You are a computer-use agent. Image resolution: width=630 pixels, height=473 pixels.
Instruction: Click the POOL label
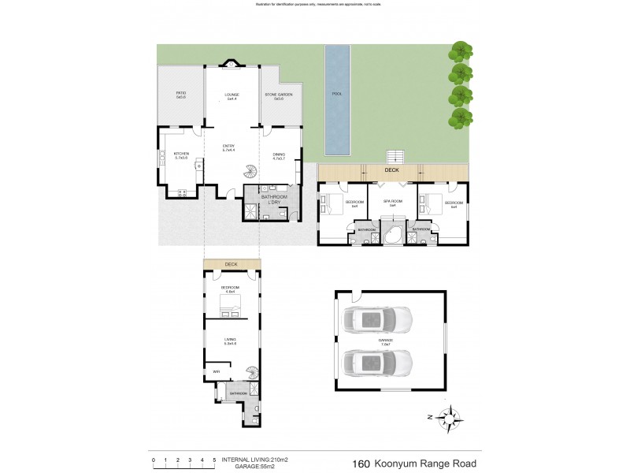click(337, 95)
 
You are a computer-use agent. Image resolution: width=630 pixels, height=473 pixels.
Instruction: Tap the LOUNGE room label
click(232, 96)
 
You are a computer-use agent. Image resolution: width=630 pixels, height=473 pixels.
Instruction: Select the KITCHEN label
click(181, 155)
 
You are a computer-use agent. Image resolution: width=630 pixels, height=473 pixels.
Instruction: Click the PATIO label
click(180, 95)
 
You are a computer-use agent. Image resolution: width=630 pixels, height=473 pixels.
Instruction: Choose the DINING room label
click(279, 156)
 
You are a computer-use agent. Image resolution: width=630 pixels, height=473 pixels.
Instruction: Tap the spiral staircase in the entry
click(251, 173)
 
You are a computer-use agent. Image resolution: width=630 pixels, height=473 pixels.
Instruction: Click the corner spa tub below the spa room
click(393, 236)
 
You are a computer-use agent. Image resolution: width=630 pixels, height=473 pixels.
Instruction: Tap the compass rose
click(449, 417)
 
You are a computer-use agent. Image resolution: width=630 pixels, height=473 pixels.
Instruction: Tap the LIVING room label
click(230, 341)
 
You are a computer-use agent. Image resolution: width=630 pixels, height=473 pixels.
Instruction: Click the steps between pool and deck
click(394, 156)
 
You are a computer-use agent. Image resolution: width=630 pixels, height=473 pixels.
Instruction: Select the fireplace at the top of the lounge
click(232, 65)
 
